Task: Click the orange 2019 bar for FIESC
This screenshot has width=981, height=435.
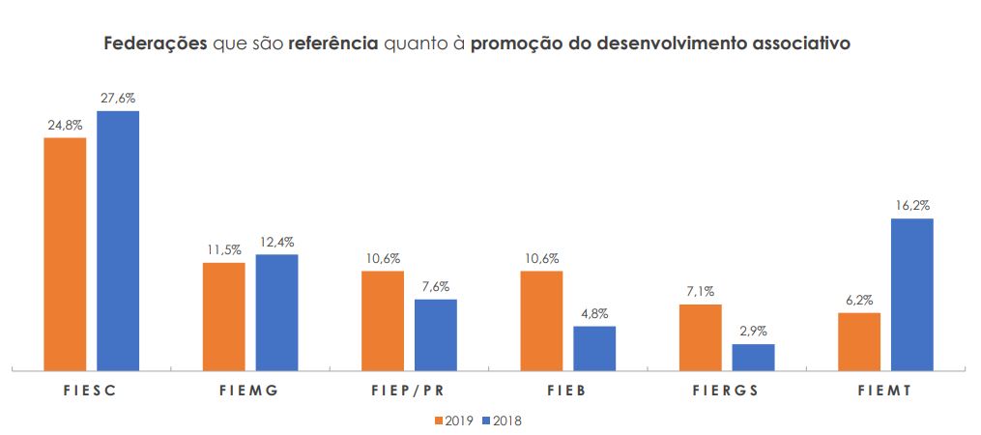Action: coord(65,253)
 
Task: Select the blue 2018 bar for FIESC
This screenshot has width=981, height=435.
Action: coord(118,240)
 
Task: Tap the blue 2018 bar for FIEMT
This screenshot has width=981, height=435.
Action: coord(911,294)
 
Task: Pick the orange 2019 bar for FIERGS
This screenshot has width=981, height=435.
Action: coord(700,336)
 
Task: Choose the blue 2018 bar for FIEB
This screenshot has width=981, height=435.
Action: coord(594,348)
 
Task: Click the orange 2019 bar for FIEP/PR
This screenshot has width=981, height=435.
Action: coord(383,320)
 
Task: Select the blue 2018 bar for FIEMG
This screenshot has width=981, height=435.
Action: coord(276,311)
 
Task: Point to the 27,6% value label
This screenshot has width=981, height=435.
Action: coord(118,99)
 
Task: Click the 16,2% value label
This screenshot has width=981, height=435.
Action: coord(911,206)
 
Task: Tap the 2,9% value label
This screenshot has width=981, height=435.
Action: coord(753,332)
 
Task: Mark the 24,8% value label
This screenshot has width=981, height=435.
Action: coord(65,125)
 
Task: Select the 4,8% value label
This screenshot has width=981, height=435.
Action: coord(594,313)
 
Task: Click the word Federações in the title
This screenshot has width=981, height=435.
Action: coord(156,44)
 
